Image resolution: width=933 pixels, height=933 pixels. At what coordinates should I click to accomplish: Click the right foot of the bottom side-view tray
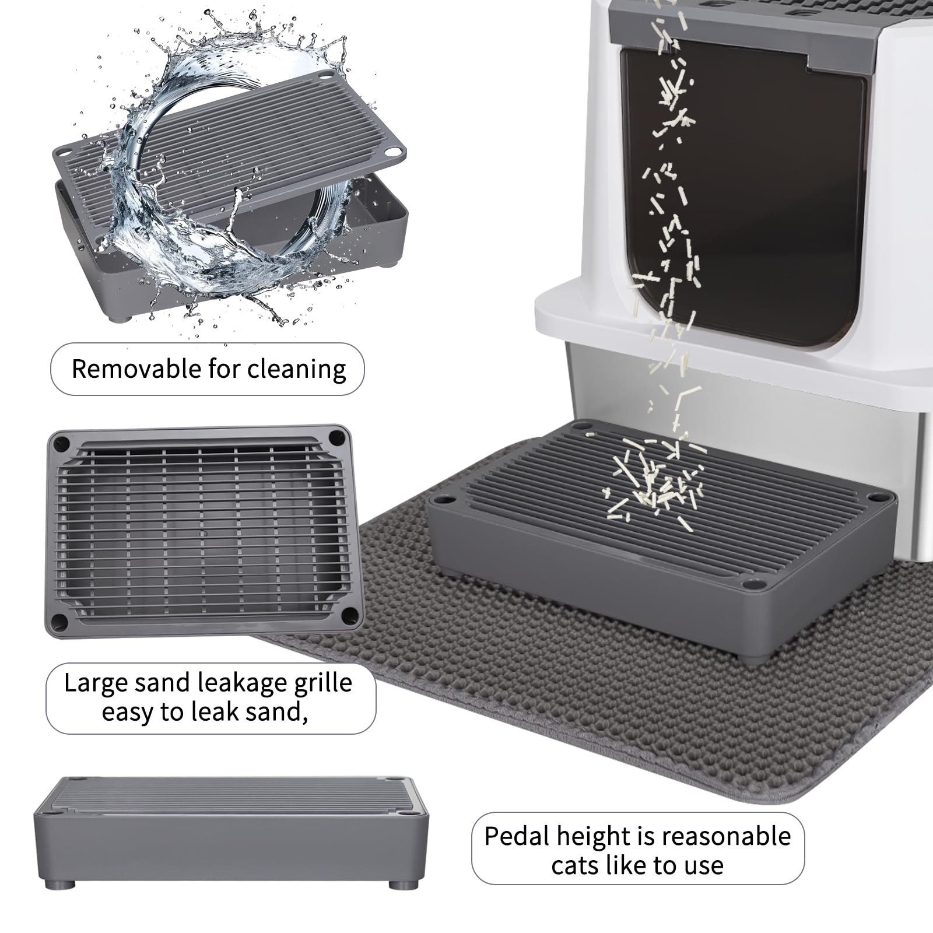(401, 884)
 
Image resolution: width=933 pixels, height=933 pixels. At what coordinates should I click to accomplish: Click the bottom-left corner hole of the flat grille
(57, 623)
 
